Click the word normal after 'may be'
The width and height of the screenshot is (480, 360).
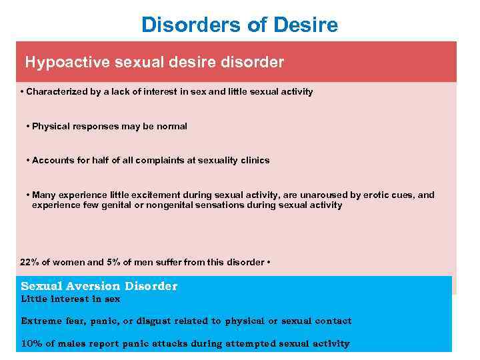tap(172, 126)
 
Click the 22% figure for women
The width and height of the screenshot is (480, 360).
tap(29, 262)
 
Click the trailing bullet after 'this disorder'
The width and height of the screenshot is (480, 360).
tap(268, 262)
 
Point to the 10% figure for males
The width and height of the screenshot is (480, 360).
tap(30, 344)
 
